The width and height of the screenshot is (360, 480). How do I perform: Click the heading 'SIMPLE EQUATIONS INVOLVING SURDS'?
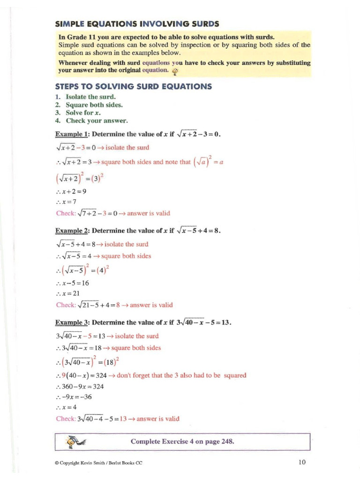click(137, 23)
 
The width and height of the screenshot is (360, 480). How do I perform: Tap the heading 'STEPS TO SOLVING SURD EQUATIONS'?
click(134, 86)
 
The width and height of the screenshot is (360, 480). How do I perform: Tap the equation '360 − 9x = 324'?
click(82, 386)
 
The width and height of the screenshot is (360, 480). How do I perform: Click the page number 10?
click(302, 462)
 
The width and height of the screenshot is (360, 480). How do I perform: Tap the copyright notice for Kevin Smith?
click(98, 463)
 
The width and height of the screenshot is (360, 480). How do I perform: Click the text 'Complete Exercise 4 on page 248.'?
click(182, 441)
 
